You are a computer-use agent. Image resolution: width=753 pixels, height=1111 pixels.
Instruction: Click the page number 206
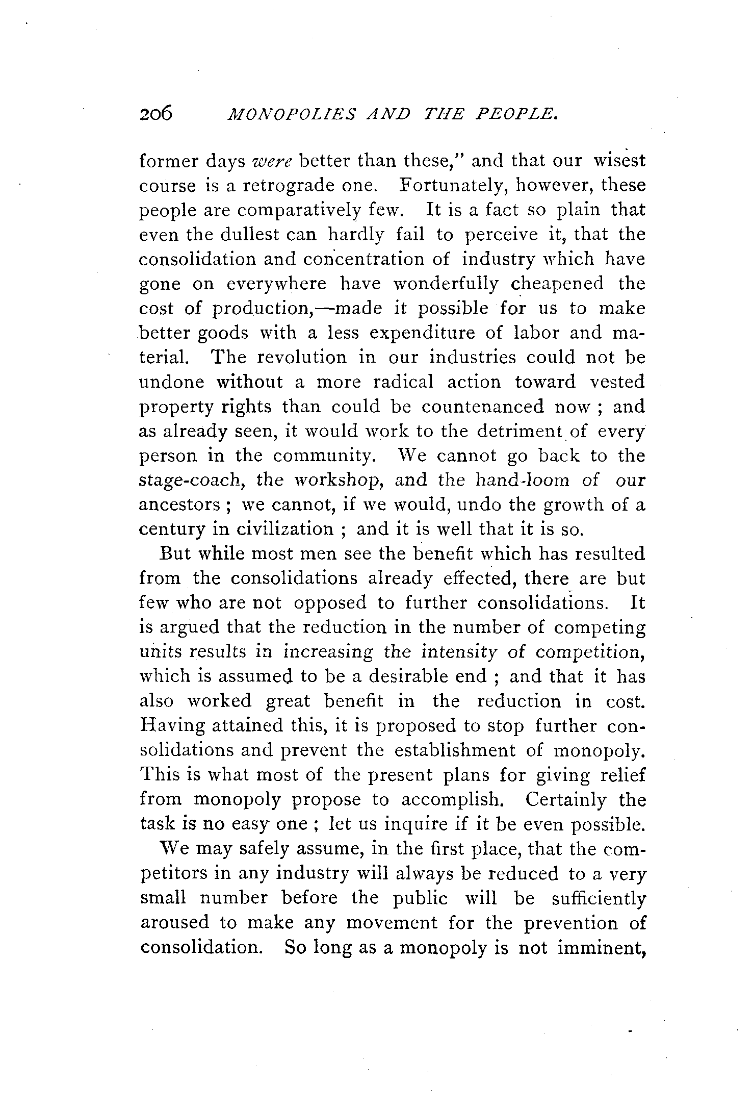[x=156, y=113]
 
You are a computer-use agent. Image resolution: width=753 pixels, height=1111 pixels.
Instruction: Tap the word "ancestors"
[x=179, y=506]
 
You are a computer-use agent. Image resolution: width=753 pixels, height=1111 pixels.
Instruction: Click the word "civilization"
[x=284, y=529]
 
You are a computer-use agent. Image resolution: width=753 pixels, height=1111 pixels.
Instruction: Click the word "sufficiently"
[x=599, y=898]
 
